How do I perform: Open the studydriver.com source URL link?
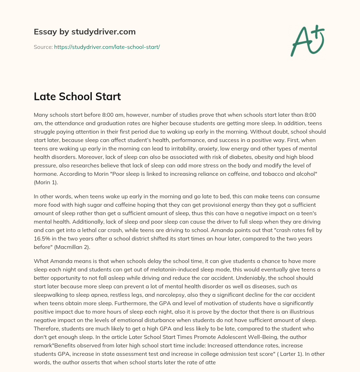tap(107, 46)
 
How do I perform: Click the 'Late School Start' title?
tap(77, 97)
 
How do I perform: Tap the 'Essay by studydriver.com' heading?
tap(85, 32)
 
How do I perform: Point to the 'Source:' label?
tap(43, 46)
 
